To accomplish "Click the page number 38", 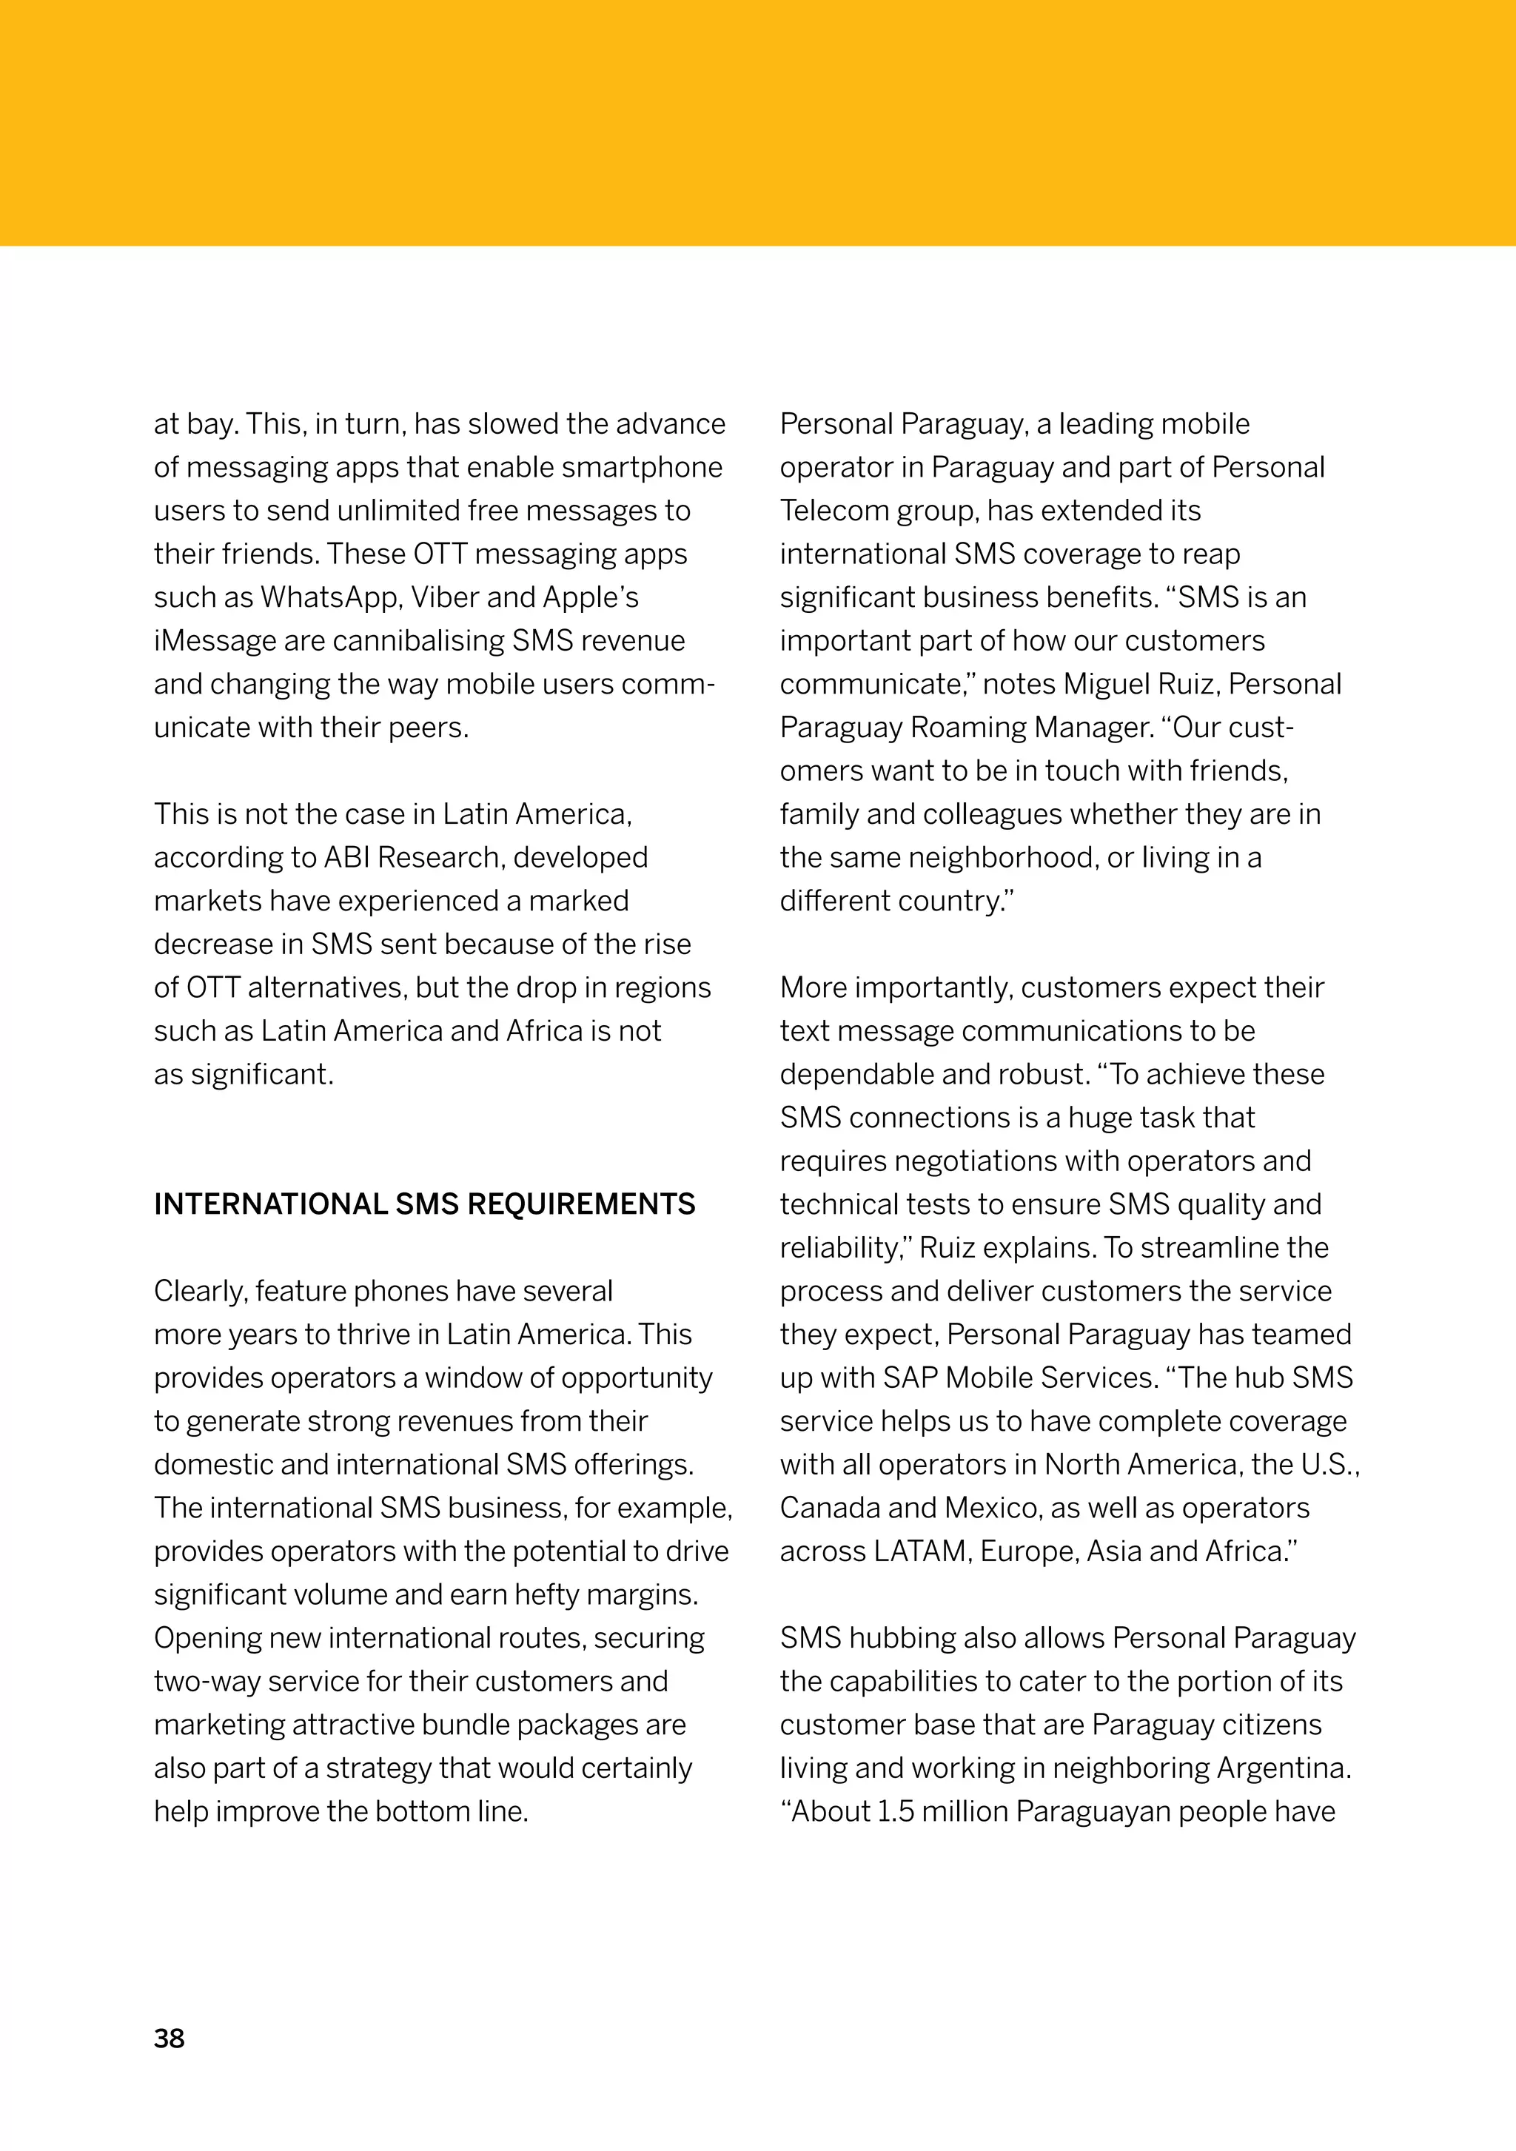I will [x=169, y=2038].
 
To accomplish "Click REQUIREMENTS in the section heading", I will [x=581, y=1204].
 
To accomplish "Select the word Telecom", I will [x=834, y=511].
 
